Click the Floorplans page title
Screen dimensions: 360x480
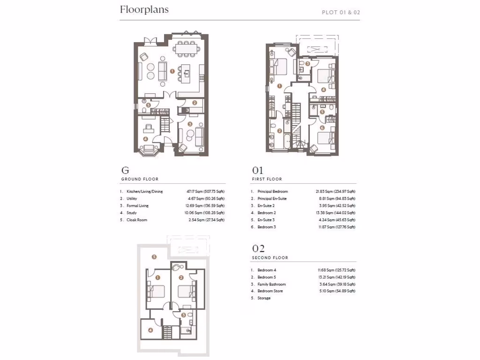(144, 10)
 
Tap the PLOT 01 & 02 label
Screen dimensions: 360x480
(341, 12)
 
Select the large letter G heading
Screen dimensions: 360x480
(125, 171)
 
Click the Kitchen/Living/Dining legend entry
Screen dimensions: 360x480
(144, 192)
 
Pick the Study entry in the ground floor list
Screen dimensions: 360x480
(132, 213)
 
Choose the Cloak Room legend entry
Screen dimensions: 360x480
(136, 220)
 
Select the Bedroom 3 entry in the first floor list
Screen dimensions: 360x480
(267, 227)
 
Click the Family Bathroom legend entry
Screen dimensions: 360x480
(271, 284)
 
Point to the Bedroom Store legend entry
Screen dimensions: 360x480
(270, 291)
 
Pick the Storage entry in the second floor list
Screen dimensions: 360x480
(264, 298)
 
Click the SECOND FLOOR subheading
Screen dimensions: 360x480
(270, 258)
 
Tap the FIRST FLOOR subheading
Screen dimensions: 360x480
(267, 179)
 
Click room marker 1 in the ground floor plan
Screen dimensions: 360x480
(172, 72)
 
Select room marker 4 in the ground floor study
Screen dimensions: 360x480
(145, 139)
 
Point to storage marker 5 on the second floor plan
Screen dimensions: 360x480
(154, 256)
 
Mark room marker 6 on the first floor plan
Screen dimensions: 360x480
(322, 127)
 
